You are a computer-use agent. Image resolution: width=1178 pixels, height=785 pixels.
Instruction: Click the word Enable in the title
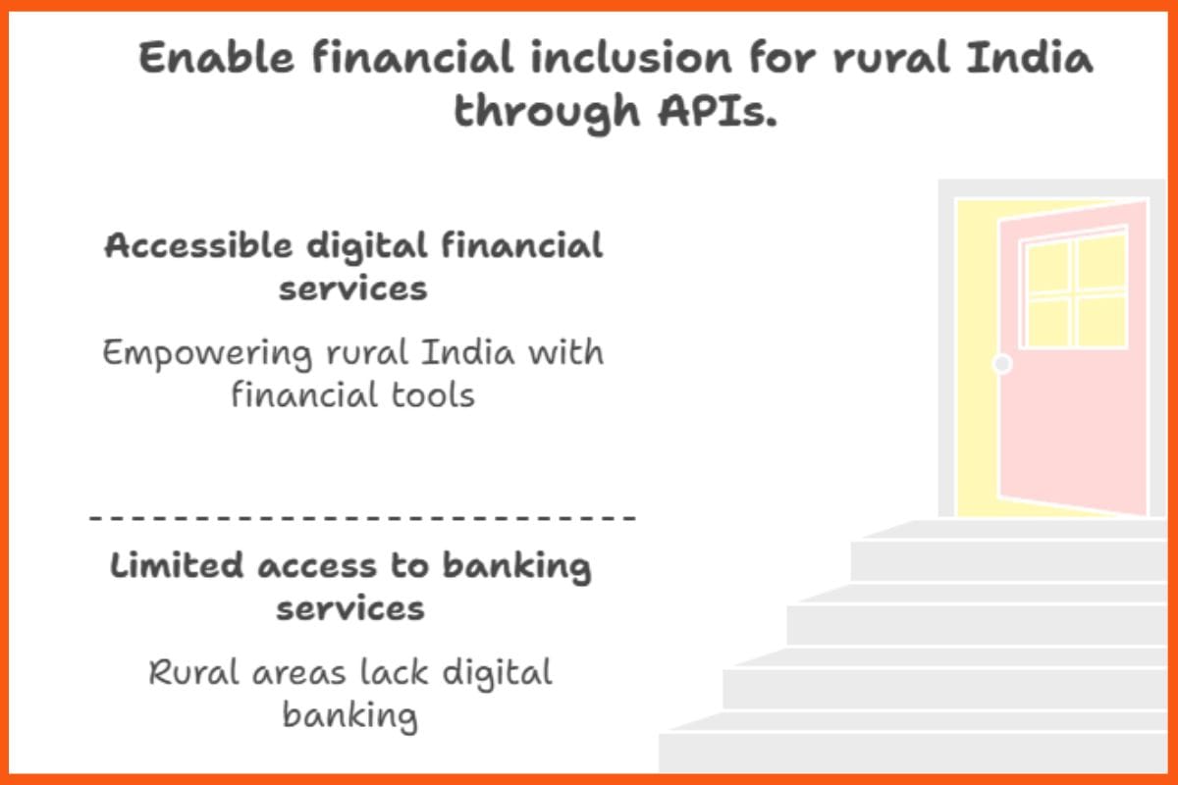tap(217, 59)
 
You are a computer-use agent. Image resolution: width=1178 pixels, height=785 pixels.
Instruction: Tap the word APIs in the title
tap(712, 111)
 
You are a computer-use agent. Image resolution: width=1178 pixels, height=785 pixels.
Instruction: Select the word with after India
tap(564, 351)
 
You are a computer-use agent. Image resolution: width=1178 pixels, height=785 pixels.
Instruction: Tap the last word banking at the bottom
tap(349, 715)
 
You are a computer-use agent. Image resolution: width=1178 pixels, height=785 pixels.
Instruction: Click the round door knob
tap(1001, 364)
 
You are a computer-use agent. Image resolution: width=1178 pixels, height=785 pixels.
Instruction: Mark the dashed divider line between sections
tap(363, 517)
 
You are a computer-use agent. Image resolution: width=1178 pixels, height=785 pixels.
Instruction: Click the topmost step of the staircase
tap(1011, 529)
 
